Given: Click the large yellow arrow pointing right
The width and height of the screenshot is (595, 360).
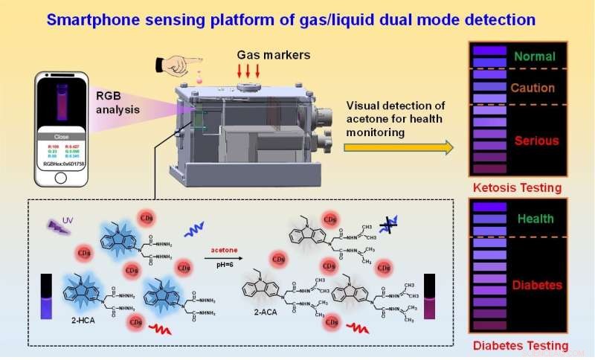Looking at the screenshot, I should coord(399,147).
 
